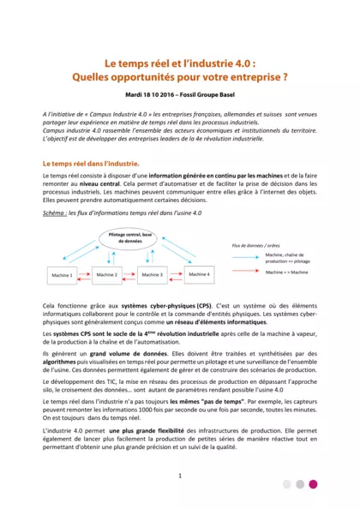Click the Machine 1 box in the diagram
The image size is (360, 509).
tap(65, 275)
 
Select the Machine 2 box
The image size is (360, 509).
tap(107, 274)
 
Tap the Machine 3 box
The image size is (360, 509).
tap(152, 274)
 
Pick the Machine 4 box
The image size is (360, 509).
tap(198, 274)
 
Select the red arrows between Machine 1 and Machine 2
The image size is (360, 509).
tap(86, 274)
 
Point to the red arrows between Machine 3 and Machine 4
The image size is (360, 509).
tap(175, 274)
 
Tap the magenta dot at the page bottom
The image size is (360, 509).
tap(313, 484)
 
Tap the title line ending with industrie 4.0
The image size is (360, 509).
tap(179, 63)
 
